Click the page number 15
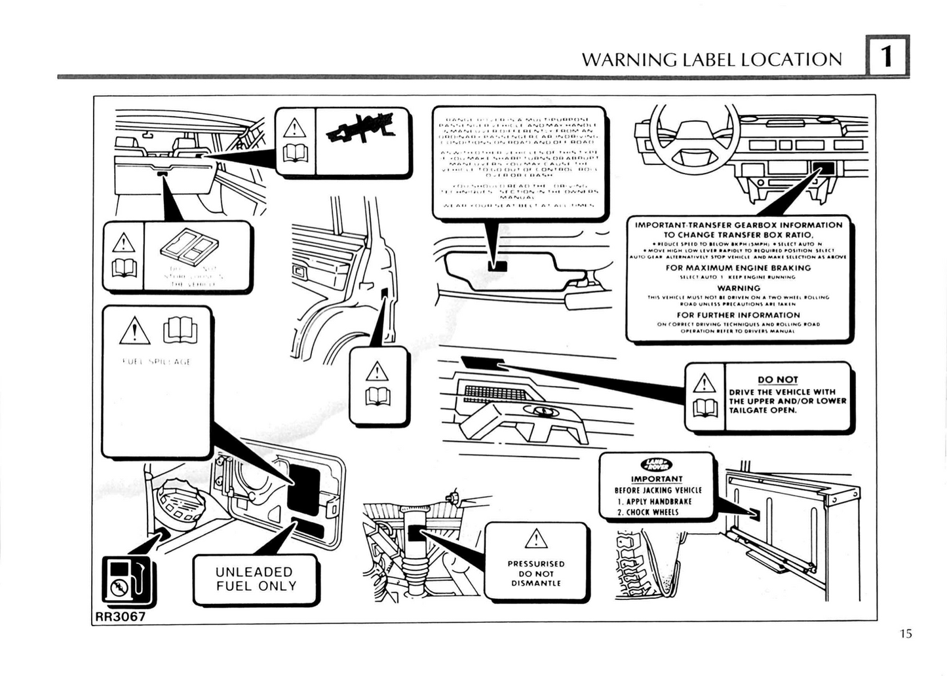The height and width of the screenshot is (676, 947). pos(906,634)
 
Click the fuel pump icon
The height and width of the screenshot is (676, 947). pos(126,580)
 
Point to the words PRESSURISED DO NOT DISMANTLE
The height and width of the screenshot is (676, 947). pos(536,573)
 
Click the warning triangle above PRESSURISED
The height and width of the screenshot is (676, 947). pos(536,539)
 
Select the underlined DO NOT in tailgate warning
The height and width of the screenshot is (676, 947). pos(777,379)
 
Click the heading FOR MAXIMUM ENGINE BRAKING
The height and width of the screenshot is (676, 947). pos(738,268)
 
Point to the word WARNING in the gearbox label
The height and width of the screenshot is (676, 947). pos(739,288)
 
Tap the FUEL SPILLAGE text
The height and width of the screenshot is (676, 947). pos(157,362)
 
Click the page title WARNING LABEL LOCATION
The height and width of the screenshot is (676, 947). pos(712,60)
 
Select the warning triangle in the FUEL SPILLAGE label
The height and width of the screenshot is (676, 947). pos(135,330)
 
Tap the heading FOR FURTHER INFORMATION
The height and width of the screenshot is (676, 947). pos(739,315)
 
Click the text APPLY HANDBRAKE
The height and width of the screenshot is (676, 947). pos(655,502)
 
